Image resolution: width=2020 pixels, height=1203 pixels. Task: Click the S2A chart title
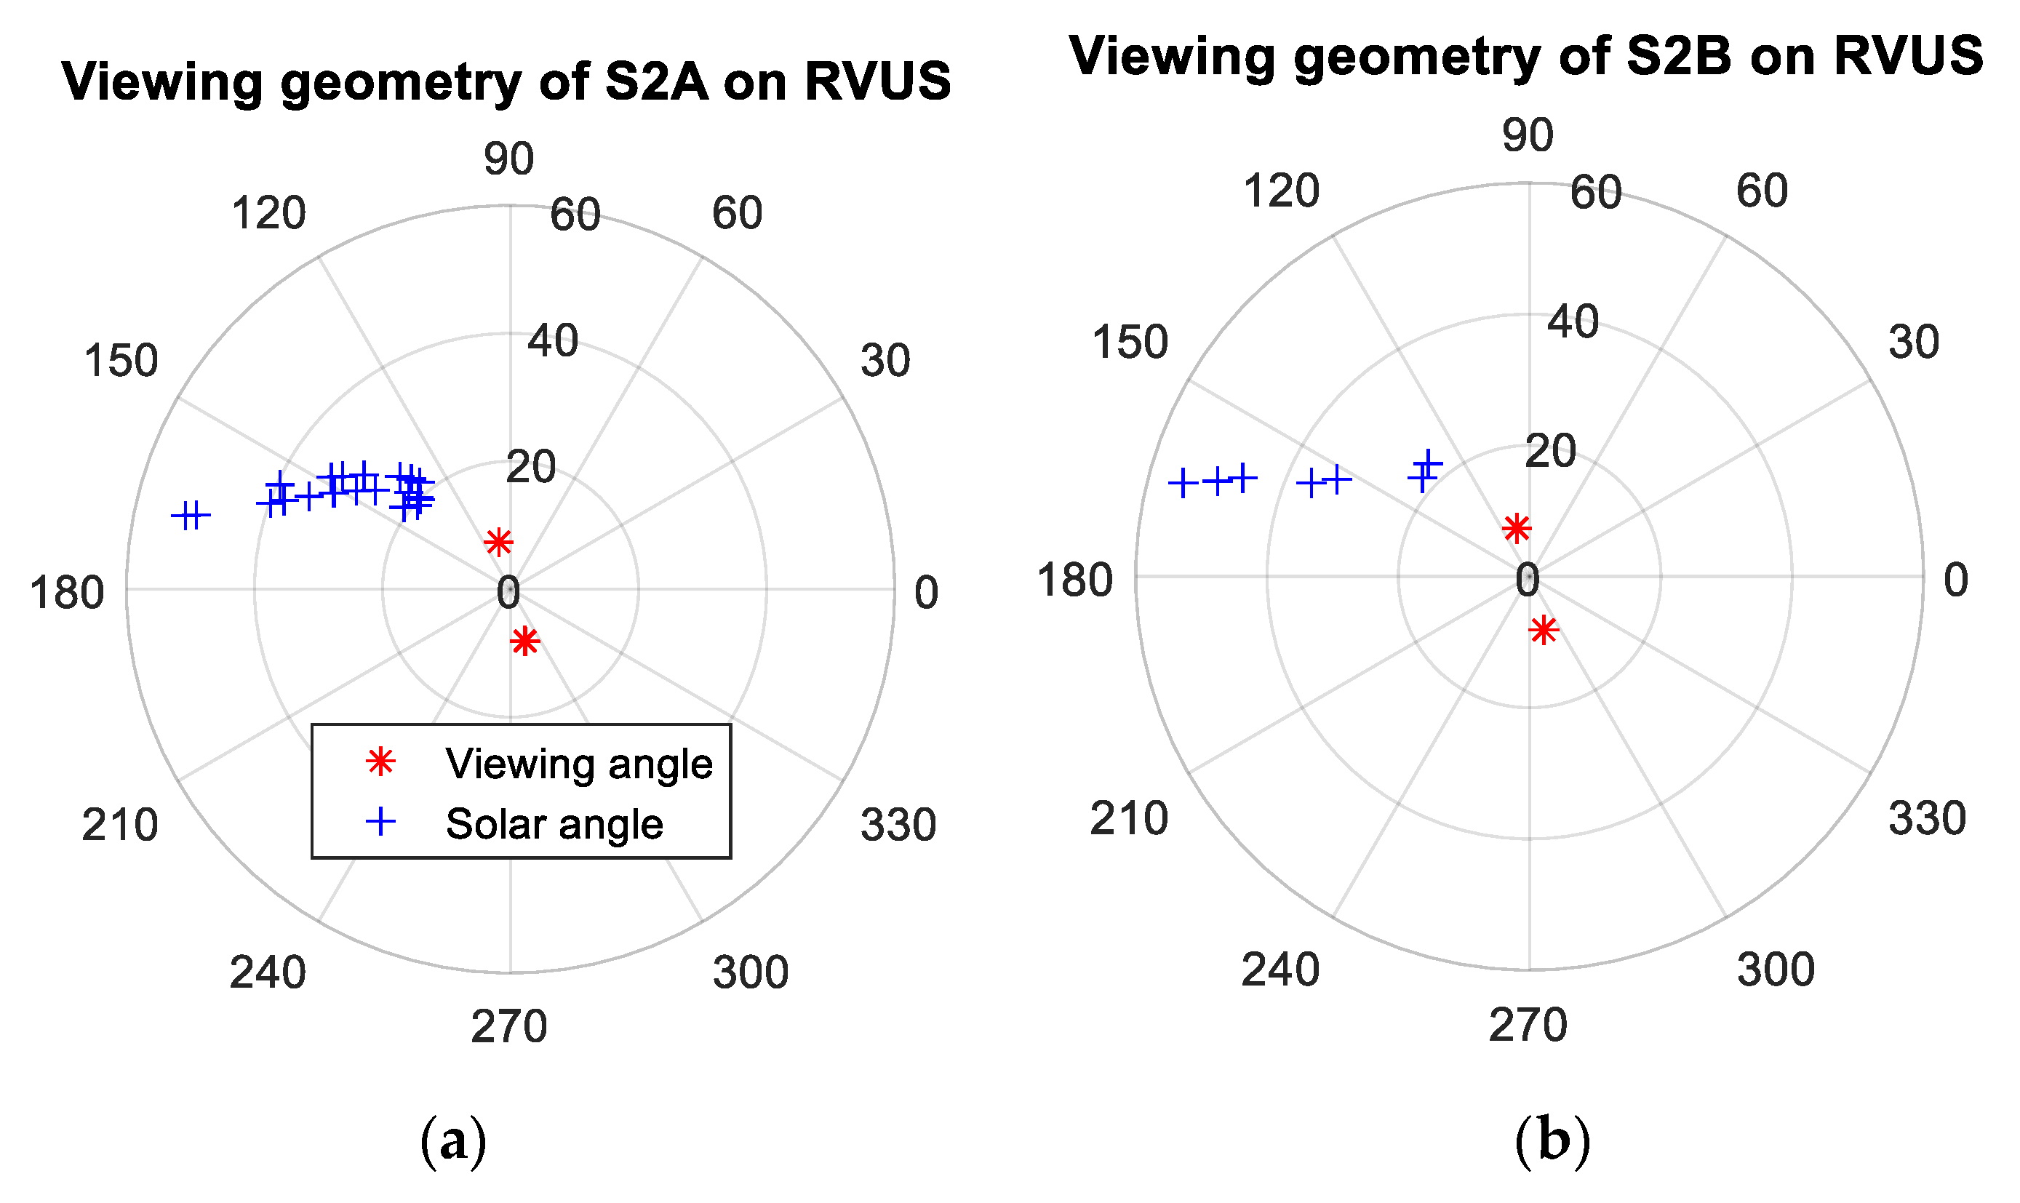point(506,83)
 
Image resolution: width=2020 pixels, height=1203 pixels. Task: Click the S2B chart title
point(1525,57)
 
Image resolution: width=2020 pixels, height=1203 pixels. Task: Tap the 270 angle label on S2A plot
point(509,1027)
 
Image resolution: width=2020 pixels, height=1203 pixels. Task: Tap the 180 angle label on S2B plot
point(1074,581)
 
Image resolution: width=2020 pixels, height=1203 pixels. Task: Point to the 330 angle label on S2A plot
point(898,826)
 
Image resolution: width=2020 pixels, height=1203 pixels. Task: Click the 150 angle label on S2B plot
point(1130,342)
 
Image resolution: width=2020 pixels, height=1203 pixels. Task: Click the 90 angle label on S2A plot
point(509,159)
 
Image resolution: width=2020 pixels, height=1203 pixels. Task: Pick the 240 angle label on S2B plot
point(1280,970)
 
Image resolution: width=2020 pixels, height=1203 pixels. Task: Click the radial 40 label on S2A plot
point(553,340)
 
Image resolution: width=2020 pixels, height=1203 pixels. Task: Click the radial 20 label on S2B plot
point(1550,452)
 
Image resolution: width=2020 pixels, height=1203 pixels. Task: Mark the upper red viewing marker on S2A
point(498,542)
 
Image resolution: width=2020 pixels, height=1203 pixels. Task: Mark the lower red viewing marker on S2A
point(525,642)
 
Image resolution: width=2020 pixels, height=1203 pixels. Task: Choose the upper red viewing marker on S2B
point(1516,529)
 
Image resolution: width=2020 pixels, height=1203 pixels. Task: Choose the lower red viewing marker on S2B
point(1544,630)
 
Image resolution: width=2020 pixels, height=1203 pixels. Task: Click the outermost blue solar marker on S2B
point(1183,483)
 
